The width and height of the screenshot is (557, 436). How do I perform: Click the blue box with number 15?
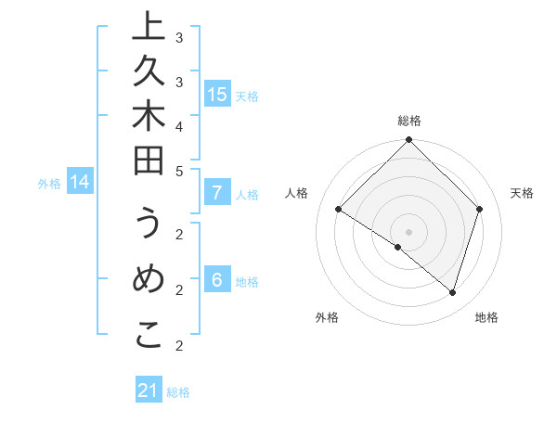(x=217, y=94)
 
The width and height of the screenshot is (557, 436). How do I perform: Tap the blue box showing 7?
(x=217, y=193)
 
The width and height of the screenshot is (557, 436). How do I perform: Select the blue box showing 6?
(x=217, y=280)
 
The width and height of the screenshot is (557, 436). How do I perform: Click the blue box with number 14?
(x=81, y=182)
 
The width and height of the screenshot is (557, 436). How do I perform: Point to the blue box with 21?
(x=149, y=391)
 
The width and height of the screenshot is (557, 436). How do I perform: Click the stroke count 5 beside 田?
(x=179, y=171)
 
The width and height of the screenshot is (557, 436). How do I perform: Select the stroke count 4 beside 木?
(x=179, y=125)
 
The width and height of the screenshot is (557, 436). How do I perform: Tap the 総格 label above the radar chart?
(x=408, y=121)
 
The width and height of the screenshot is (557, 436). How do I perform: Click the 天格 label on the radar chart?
(x=522, y=193)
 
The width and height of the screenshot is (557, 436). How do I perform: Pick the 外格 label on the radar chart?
(x=327, y=317)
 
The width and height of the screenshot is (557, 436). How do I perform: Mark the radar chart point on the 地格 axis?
(x=452, y=292)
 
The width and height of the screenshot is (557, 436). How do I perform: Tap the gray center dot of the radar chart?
(x=408, y=231)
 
